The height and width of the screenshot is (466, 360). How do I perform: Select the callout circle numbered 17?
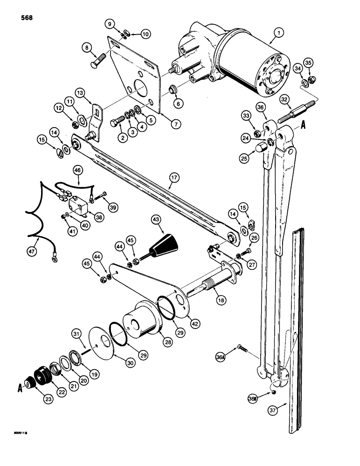[173, 178]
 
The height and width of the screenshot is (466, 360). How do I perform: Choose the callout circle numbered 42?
[194, 321]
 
